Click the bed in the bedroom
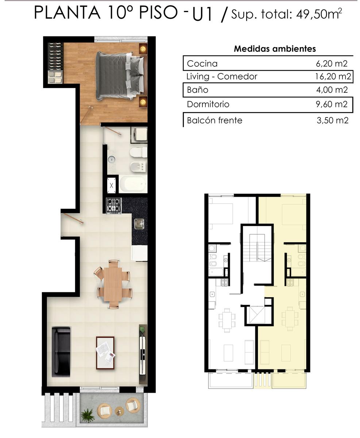[120, 76]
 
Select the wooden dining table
[113, 284]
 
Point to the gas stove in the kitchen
[114, 205]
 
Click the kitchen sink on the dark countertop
[139, 224]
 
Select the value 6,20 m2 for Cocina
[332, 64]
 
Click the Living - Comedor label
[222, 76]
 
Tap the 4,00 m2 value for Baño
[332, 90]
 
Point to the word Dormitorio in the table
[208, 104]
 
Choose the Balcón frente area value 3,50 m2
[332, 120]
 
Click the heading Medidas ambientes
[275, 49]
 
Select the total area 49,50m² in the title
[319, 14]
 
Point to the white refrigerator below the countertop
[139, 253]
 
